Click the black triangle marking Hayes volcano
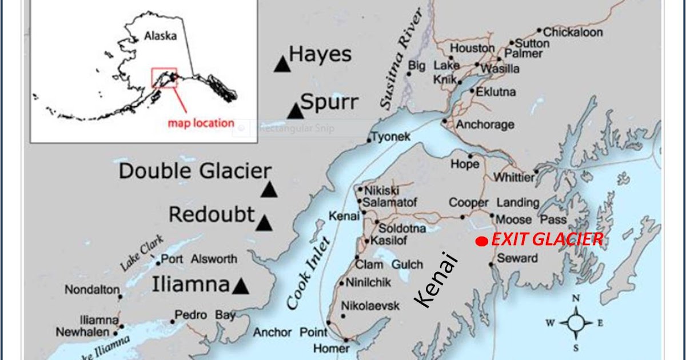click(x=281, y=65)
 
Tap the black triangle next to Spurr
click(x=295, y=111)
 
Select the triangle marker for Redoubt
click(x=263, y=223)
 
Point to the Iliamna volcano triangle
click(x=241, y=286)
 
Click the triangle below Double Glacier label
click(x=269, y=190)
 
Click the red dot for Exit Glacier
click(x=482, y=242)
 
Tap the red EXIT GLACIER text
click(x=547, y=239)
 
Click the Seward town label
click(x=517, y=258)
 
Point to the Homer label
click(x=332, y=348)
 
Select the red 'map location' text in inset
click(x=201, y=123)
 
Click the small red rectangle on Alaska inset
click(x=164, y=77)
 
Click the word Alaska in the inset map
click(x=161, y=35)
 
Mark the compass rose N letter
click(x=576, y=298)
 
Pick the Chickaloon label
click(x=573, y=32)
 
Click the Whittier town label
click(x=514, y=178)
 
